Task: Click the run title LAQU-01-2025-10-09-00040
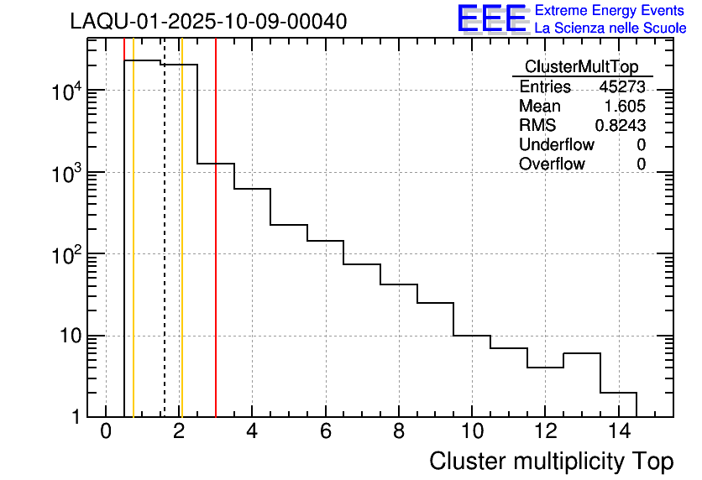pyautogui.click(x=208, y=22)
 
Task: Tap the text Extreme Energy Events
pyautogui.click(x=610, y=11)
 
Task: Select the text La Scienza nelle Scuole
pyautogui.click(x=610, y=29)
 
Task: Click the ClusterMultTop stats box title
pyautogui.click(x=581, y=67)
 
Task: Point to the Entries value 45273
pyautogui.click(x=622, y=87)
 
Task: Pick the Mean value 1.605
pyautogui.click(x=626, y=107)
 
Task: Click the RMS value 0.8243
pyautogui.click(x=621, y=126)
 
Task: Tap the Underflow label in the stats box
pyautogui.click(x=558, y=145)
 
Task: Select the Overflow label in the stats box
pyautogui.click(x=552, y=164)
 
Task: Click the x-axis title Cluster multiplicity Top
pyautogui.click(x=551, y=461)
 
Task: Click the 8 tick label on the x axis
pyautogui.click(x=398, y=431)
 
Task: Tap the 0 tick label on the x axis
pyautogui.click(x=106, y=431)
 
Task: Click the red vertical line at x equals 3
pyautogui.click(x=216, y=252)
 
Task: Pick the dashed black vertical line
pyautogui.click(x=164, y=252)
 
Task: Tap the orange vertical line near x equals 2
pyautogui.click(x=181, y=252)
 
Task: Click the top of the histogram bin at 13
pyautogui.click(x=581, y=353)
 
